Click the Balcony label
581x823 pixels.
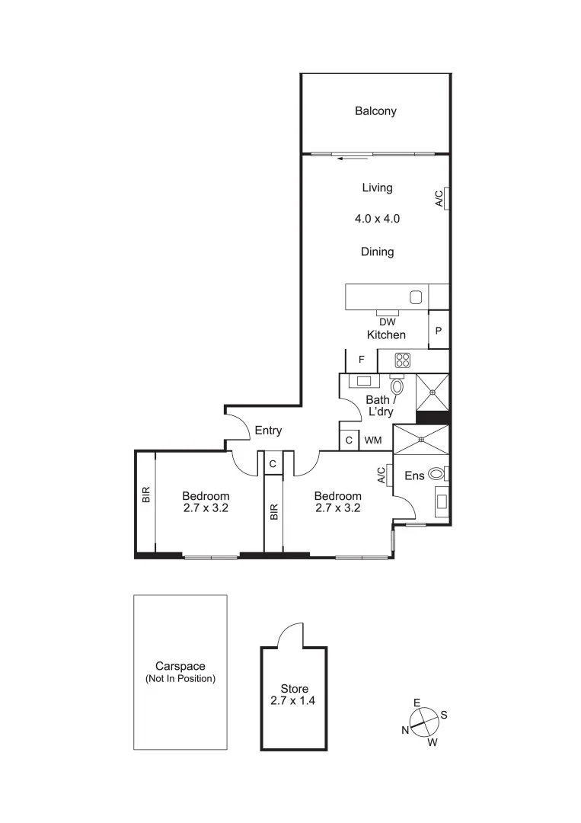pos(375,111)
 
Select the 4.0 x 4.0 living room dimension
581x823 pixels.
pos(377,219)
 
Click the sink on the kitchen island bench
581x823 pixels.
pos(416,298)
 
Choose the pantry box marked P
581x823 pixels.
pos(439,331)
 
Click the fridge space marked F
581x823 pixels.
pos(362,359)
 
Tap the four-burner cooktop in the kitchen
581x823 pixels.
pos(403,360)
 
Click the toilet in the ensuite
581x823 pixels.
pos(437,473)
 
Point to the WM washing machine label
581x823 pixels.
pos(373,440)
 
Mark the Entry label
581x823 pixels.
pos(268,431)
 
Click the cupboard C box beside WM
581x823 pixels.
pos(349,440)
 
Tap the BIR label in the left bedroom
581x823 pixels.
pos(145,496)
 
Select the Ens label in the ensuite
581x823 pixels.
pos(414,476)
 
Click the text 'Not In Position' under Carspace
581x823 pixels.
pos(180,678)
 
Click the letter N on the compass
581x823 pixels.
pos(405,730)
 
